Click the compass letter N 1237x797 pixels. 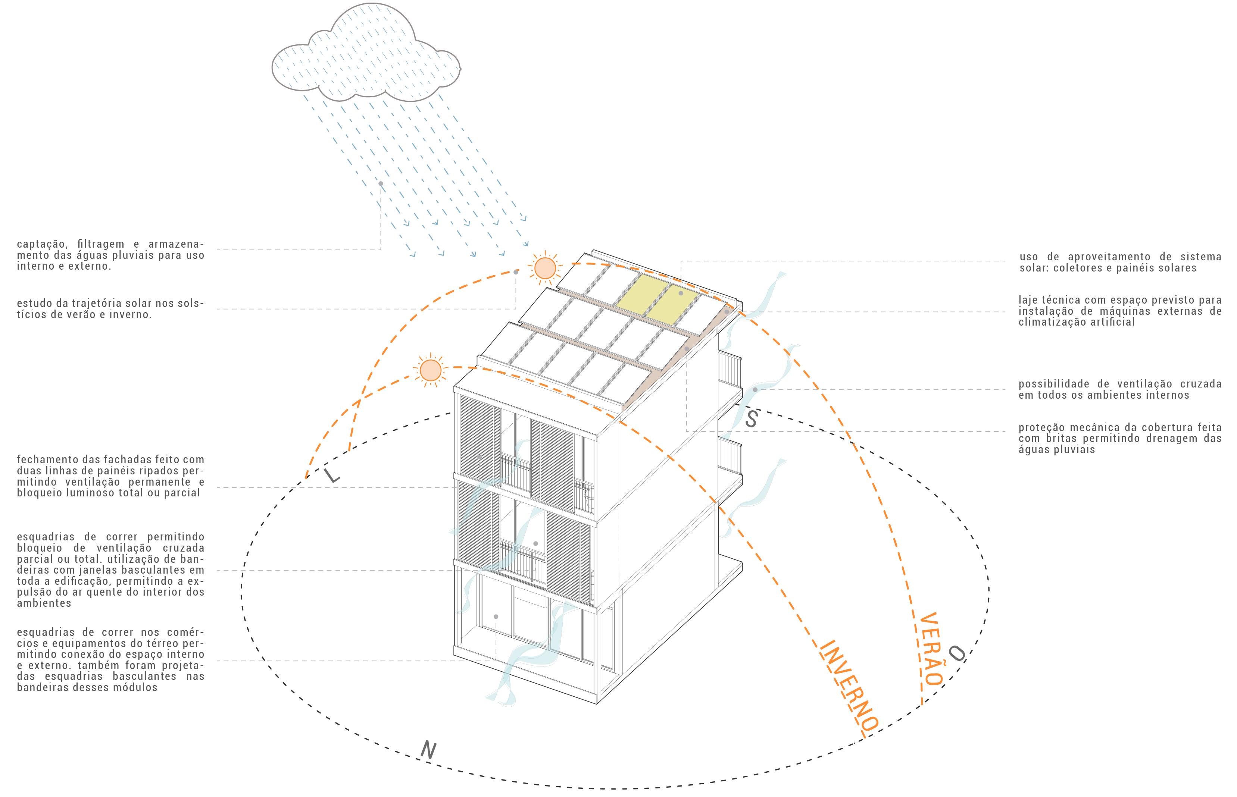tap(428, 750)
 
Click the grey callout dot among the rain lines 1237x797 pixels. tap(381, 184)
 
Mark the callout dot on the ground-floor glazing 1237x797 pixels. tap(496, 617)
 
